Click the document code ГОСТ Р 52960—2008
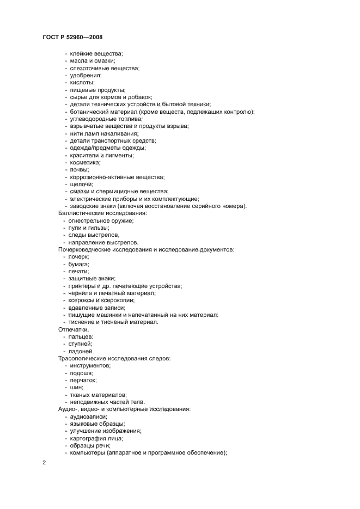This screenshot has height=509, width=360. (72, 37)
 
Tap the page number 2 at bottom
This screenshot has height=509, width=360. (44, 463)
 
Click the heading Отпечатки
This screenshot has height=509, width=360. (74, 329)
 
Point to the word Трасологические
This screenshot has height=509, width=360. (84, 358)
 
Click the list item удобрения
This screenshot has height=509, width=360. (86, 75)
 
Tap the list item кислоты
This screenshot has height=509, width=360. (82, 83)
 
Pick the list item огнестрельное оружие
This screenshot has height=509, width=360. (101, 220)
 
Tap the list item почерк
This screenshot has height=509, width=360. (79, 256)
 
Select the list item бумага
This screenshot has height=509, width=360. (79, 264)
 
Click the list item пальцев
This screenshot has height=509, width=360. (82, 336)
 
